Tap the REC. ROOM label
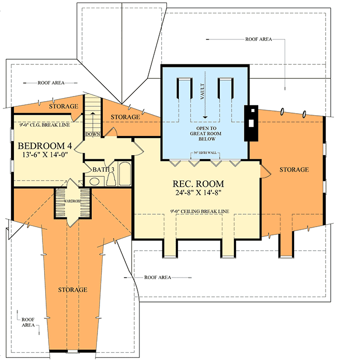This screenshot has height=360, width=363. pyautogui.click(x=199, y=184)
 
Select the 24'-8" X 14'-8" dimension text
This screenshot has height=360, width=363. pyautogui.click(x=199, y=194)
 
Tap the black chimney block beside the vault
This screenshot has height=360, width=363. pyautogui.click(x=250, y=123)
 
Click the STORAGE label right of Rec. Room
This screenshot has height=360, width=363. pyautogui.click(x=294, y=170)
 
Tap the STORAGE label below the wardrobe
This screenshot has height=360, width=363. pyautogui.click(x=72, y=289)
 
